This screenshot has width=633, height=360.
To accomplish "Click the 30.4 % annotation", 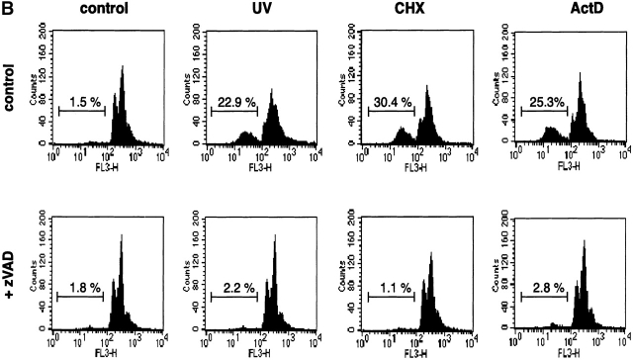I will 390,100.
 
